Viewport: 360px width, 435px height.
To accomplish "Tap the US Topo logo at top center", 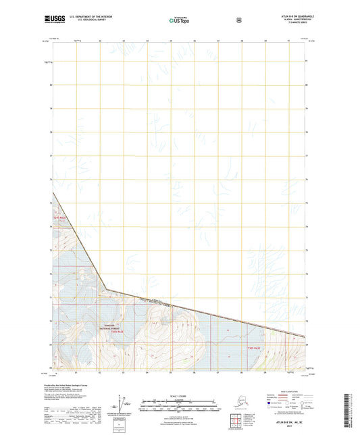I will [179, 20].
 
